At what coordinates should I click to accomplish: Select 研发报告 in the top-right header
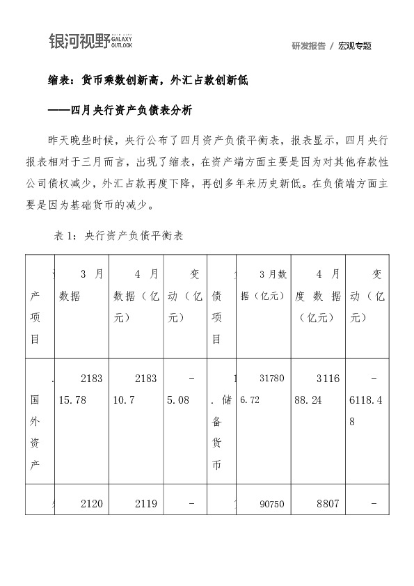click(x=309, y=46)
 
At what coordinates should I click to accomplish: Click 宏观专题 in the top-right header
click(x=355, y=46)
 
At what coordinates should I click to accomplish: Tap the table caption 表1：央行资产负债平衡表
click(x=118, y=236)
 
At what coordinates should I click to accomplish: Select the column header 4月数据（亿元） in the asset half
click(x=136, y=296)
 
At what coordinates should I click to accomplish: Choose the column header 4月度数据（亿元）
click(x=318, y=296)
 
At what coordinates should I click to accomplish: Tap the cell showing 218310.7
click(x=136, y=390)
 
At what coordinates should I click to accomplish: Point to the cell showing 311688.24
click(x=318, y=390)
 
